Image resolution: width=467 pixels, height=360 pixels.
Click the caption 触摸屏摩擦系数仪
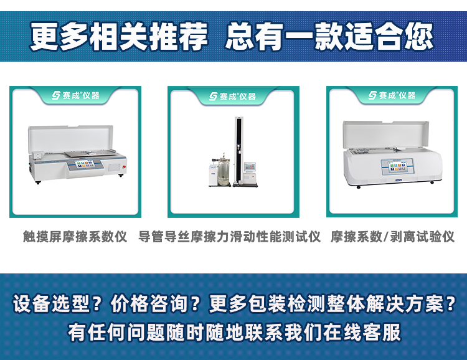pos(75,237)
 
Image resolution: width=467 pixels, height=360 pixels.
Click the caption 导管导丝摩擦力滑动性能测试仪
pos(229,237)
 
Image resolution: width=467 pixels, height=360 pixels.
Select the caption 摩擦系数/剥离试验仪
pos(392,237)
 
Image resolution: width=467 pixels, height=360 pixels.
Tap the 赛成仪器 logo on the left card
pos(75,95)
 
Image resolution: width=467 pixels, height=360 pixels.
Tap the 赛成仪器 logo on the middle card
pos(233,96)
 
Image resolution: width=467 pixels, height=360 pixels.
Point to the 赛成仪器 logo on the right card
pos(392,95)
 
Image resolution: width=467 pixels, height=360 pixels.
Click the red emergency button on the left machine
pos(124,166)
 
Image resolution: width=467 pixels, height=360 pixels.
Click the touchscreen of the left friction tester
pos(85,164)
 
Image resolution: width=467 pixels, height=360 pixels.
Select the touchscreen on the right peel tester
pos(397,166)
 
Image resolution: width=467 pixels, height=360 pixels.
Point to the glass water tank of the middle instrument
pos(224,171)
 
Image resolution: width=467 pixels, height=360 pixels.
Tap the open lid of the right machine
pos(386,134)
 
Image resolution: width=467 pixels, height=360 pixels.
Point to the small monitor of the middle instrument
pos(250,166)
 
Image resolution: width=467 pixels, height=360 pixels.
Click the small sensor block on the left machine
pos(39,155)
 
